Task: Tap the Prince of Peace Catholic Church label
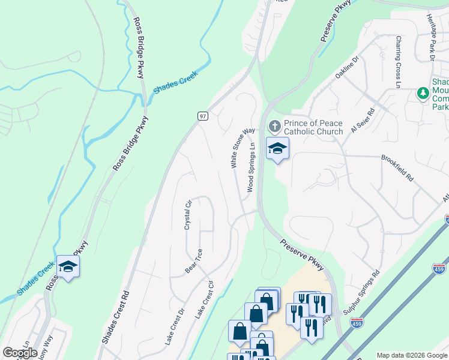(313, 127)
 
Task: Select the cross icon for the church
(275, 127)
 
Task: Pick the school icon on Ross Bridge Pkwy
(68, 266)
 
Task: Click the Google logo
(20, 353)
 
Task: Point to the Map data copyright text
(412, 355)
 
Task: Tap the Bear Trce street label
(193, 261)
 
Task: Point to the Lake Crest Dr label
(174, 328)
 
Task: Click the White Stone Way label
(240, 148)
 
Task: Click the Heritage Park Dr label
(431, 37)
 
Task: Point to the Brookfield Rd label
(397, 169)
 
